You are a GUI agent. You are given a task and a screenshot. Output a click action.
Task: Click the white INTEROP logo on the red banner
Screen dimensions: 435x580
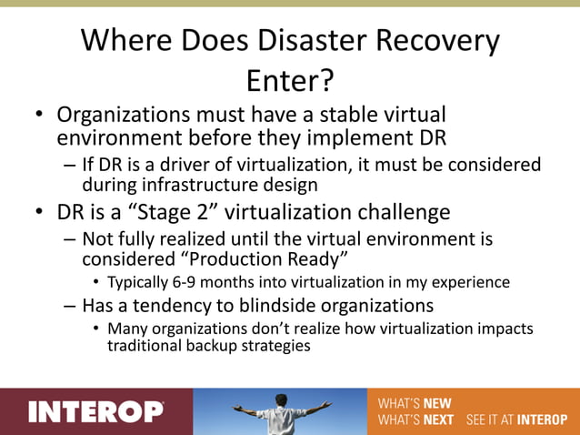tap(95, 411)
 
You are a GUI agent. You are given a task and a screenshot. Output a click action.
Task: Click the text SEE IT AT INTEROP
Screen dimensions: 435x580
tap(515, 420)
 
